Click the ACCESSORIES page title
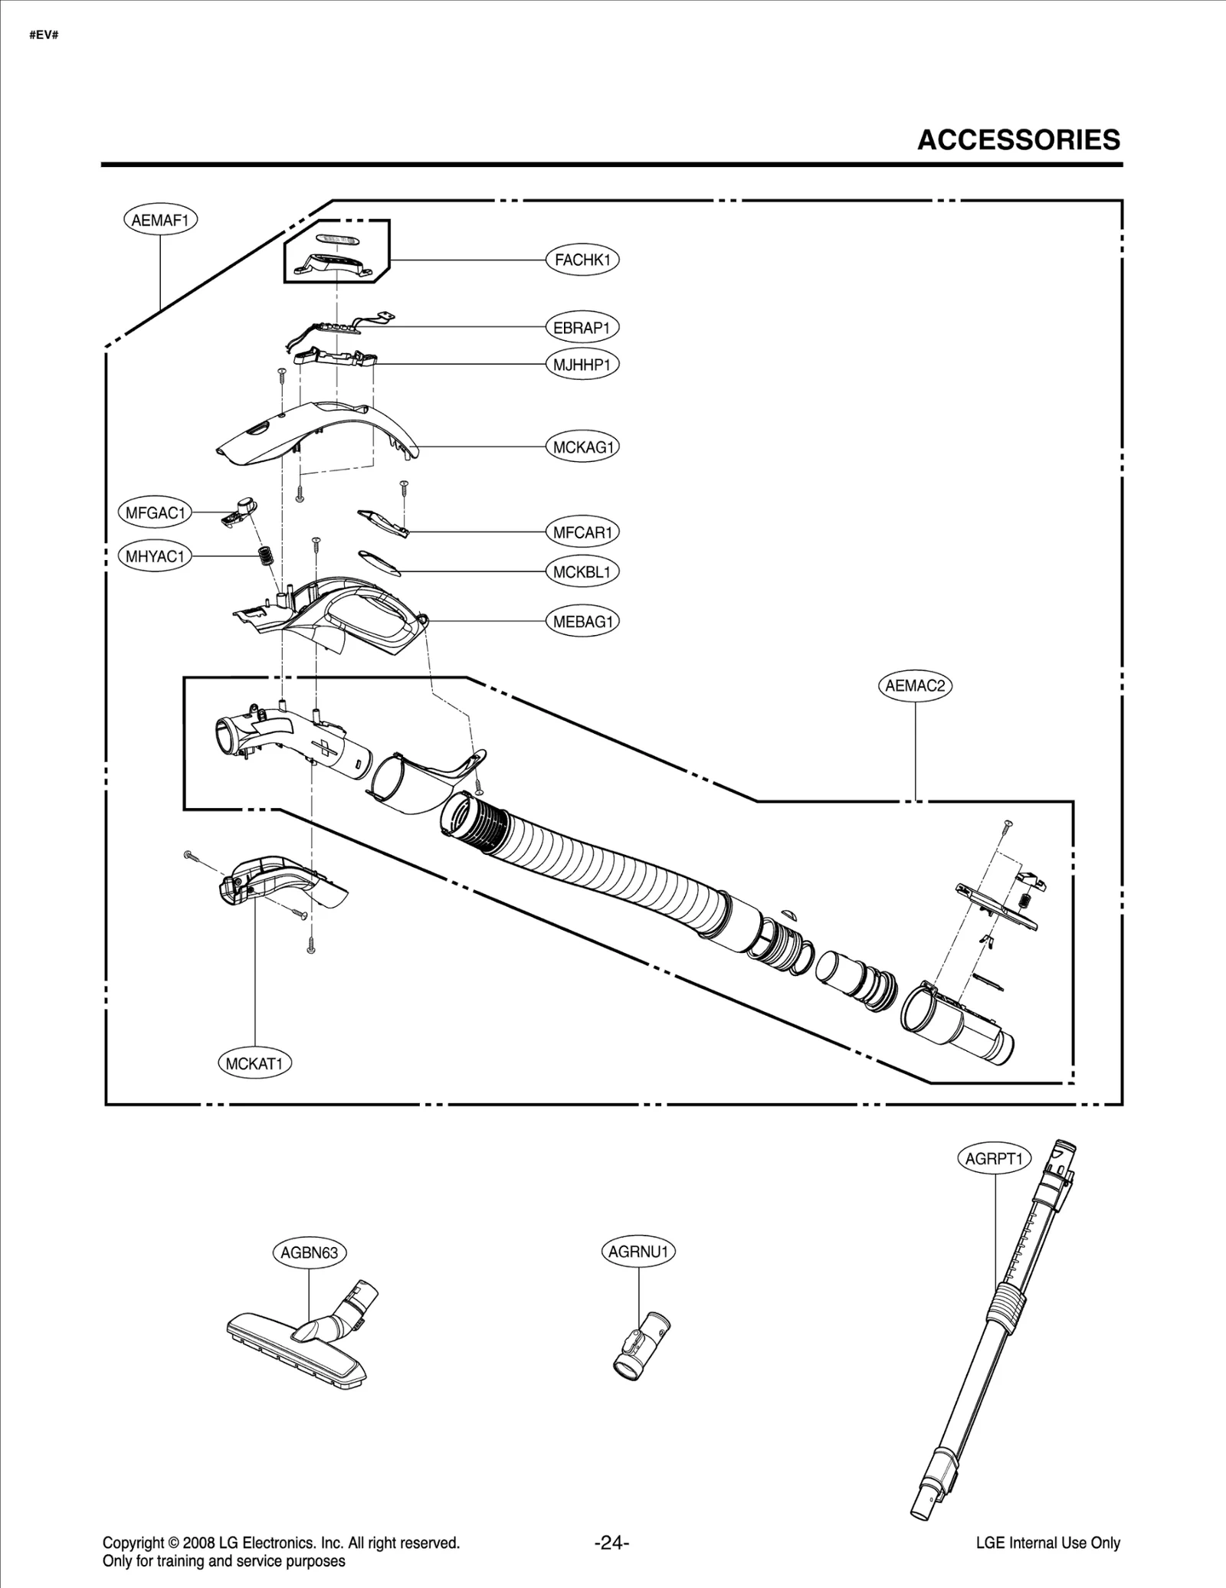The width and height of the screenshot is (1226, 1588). tap(1018, 140)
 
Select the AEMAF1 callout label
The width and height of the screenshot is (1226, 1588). tap(160, 221)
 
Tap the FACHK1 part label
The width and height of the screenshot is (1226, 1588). tap(582, 260)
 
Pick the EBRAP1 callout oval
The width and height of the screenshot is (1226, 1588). tap(582, 328)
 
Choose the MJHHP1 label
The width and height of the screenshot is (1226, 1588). tap(582, 365)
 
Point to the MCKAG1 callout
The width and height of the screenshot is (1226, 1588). tap(583, 447)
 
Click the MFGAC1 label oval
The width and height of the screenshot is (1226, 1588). tap(156, 513)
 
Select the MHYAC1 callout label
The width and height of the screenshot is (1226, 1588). tap(156, 556)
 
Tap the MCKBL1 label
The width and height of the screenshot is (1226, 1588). tap(582, 572)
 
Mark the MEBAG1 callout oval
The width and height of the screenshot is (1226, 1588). tap(583, 622)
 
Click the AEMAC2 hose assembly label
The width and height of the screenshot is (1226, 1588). tap(914, 686)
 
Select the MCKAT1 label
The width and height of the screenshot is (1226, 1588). tap(254, 1063)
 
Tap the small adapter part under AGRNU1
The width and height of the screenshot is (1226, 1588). tap(641, 1353)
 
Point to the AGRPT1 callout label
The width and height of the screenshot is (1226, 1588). tap(995, 1159)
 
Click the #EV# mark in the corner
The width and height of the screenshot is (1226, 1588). tap(44, 36)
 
